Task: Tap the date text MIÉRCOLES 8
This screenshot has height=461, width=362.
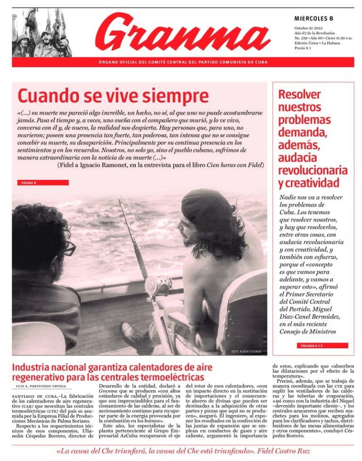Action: (x=313, y=18)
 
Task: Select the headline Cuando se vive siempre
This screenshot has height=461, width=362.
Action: (x=113, y=96)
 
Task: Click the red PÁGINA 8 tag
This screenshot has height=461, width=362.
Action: (x=42, y=182)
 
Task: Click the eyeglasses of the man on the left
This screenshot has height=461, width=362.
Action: (x=69, y=248)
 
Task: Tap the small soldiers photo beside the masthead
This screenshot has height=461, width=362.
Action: (x=42, y=32)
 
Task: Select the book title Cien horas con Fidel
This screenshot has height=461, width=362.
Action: (x=234, y=165)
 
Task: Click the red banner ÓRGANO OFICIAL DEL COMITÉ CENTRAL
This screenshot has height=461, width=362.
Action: (x=183, y=62)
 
